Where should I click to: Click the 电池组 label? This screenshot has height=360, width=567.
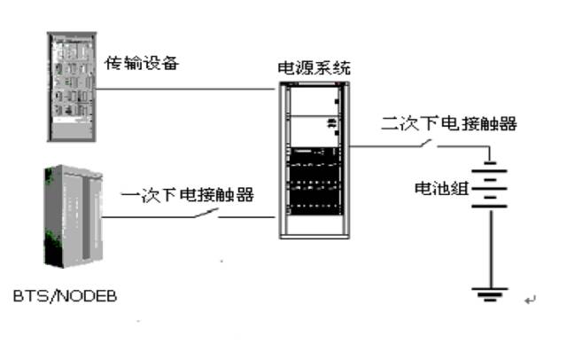440,189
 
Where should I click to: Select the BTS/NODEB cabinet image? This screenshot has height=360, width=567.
70,217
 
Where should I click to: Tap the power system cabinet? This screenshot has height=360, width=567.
314,159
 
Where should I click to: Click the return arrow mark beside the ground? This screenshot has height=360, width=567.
530,301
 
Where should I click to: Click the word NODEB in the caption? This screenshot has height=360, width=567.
89,293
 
